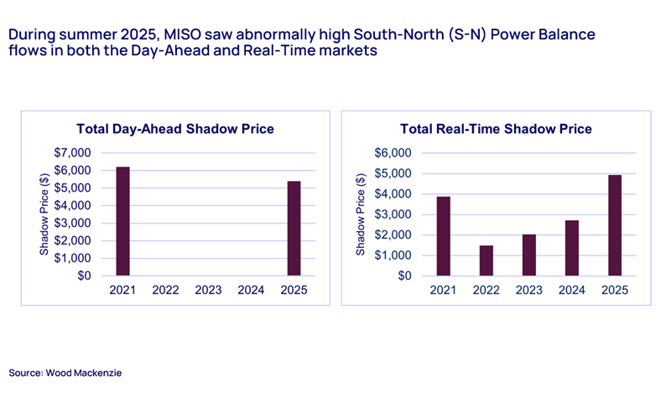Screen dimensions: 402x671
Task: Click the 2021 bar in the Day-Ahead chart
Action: click(122, 221)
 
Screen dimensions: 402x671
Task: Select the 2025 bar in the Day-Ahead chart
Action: click(294, 228)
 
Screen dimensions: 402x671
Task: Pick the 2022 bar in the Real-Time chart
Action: click(486, 260)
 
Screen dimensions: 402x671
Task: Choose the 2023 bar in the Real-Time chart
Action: click(529, 255)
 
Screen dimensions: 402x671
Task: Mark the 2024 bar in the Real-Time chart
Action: click(571, 248)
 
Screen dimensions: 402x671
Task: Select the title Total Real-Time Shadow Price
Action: click(496, 129)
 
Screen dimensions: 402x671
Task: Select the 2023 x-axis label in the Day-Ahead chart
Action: click(209, 291)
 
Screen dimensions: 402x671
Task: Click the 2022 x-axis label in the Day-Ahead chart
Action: click(166, 291)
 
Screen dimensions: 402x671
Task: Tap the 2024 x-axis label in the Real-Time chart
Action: click(571, 291)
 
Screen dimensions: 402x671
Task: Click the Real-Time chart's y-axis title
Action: click(361, 214)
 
